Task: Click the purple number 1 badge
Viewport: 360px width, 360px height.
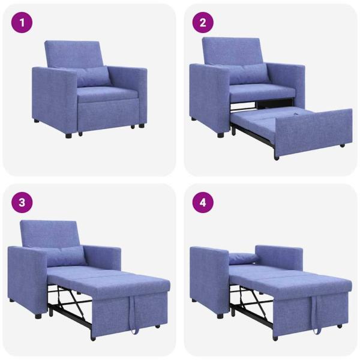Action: click(23, 23)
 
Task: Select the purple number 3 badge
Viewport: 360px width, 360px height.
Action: click(23, 202)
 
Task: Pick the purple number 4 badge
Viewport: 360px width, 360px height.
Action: click(203, 202)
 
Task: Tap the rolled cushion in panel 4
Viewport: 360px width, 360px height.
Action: click(243, 259)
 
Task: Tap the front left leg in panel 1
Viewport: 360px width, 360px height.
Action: click(68, 134)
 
